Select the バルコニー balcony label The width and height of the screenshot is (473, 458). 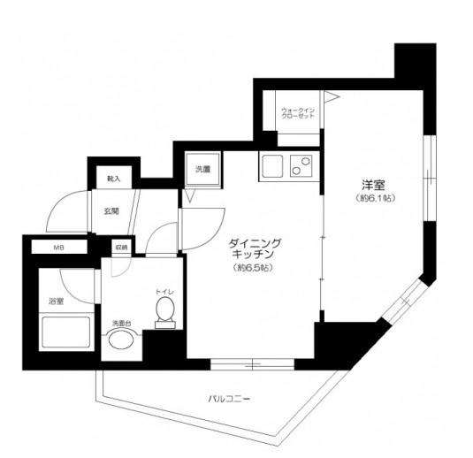[229, 399]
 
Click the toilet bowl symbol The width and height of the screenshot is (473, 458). [164, 309]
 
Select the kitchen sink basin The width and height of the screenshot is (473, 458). [270, 164]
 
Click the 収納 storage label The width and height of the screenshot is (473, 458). [119, 248]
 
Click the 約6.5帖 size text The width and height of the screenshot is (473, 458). [254, 268]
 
